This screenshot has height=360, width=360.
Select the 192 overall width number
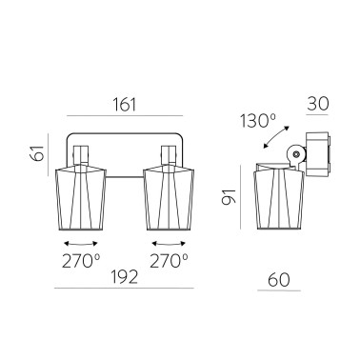(122, 277)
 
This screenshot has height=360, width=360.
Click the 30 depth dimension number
(318, 103)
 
